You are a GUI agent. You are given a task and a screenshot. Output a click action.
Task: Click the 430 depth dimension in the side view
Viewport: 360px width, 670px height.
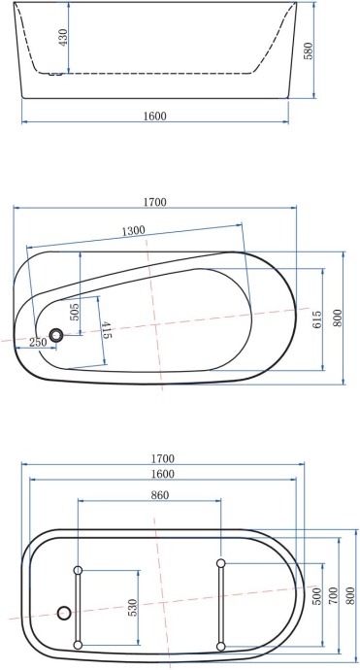63,38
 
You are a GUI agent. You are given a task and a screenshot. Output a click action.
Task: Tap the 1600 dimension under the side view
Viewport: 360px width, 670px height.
155,116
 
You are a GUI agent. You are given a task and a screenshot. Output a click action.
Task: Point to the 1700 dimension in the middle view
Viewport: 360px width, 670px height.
155,203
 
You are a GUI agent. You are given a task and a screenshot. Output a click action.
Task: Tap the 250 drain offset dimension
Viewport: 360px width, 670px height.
38,342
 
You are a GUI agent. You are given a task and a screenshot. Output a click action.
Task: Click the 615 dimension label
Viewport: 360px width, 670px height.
316,318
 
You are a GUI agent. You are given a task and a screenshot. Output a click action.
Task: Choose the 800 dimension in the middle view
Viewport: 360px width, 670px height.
338,318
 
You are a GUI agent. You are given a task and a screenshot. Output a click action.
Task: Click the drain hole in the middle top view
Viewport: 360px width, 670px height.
57,335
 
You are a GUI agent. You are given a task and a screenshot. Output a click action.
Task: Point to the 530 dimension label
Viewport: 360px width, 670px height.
132,608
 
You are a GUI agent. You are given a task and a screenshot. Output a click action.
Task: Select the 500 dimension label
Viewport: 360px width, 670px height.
316,593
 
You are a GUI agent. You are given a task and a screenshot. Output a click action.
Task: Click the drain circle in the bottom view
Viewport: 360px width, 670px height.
65,613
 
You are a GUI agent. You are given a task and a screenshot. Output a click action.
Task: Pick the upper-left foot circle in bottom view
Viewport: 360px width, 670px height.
79,569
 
